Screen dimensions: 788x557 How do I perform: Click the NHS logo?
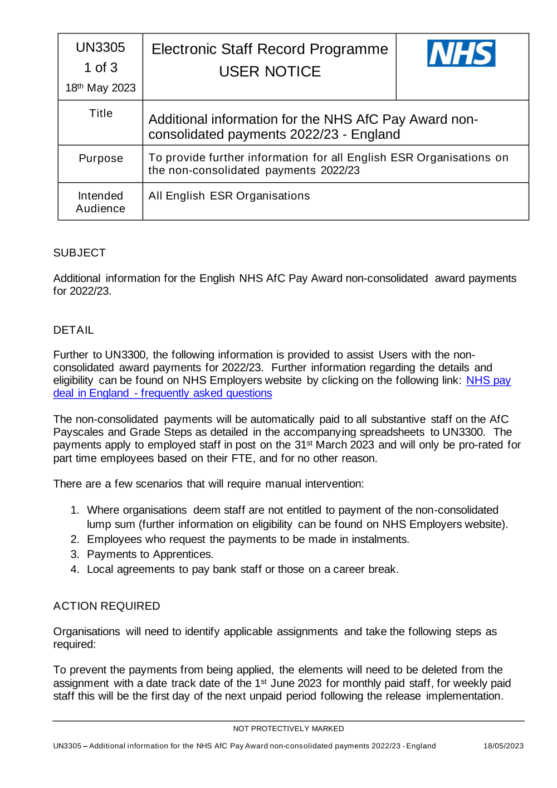pyautogui.click(x=461, y=53)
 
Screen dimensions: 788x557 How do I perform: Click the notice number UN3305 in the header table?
pyautogui.click(x=100, y=47)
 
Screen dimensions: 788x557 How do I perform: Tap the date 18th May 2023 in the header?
pyautogui.click(x=100, y=88)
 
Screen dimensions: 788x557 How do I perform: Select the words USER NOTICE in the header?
pyautogui.click(x=270, y=72)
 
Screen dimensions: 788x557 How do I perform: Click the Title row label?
pyautogui.click(x=101, y=114)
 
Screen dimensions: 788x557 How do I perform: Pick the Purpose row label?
pyautogui.click(x=101, y=159)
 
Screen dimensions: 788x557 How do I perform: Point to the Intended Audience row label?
pyautogui.click(x=100, y=202)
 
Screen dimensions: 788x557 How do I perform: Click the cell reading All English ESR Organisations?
pyautogui.click(x=229, y=196)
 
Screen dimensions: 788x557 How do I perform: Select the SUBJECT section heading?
pyautogui.click(x=79, y=253)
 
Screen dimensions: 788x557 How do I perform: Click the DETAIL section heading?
pyautogui.click(x=73, y=330)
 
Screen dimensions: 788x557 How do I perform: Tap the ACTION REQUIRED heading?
pyautogui.click(x=106, y=606)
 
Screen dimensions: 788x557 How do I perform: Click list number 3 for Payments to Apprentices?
pyautogui.click(x=75, y=554)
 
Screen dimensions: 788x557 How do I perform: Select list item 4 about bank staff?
pyautogui.click(x=242, y=570)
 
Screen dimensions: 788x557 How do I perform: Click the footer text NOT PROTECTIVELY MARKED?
pyautogui.click(x=288, y=729)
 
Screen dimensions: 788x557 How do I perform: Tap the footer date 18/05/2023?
pyautogui.click(x=503, y=746)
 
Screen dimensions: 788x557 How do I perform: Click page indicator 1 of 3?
pyautogui.click(x=100, y=68)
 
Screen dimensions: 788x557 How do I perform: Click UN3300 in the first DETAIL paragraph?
pyautogui.click(x=125, y=355)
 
